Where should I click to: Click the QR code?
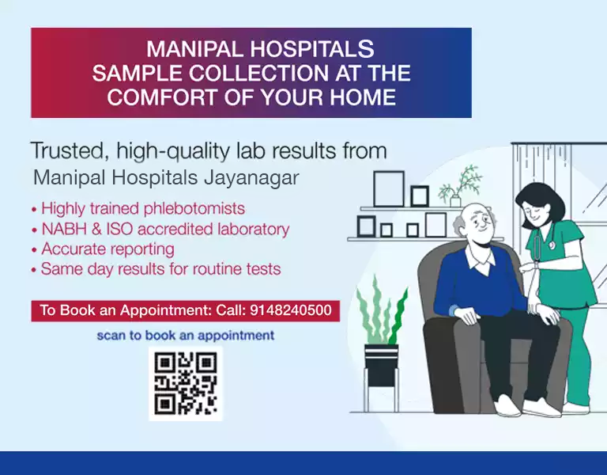coord(186,383)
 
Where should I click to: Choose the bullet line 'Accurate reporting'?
coord(107,249)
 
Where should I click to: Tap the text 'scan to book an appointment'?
coord(186,336)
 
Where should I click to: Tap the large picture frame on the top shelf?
coord(389,189)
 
